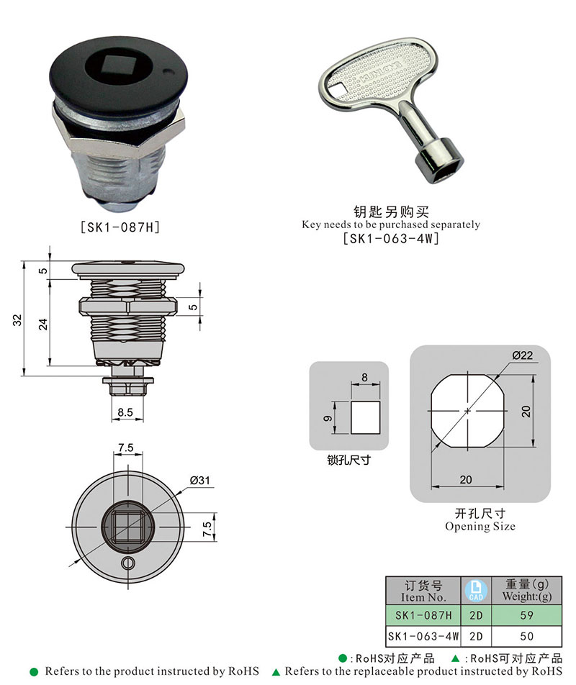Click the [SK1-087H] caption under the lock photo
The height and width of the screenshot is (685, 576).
click(x=119, y=226)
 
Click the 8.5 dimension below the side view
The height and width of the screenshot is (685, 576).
click(x=125, y=413)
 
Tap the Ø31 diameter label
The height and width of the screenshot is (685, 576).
click(x=199, y=481)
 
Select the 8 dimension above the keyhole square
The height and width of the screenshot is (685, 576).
click(x=364, y=377)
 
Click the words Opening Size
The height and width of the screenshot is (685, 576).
click(x=480, y=526)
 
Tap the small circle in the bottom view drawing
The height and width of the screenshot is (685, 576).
click(x=128, y=562)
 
